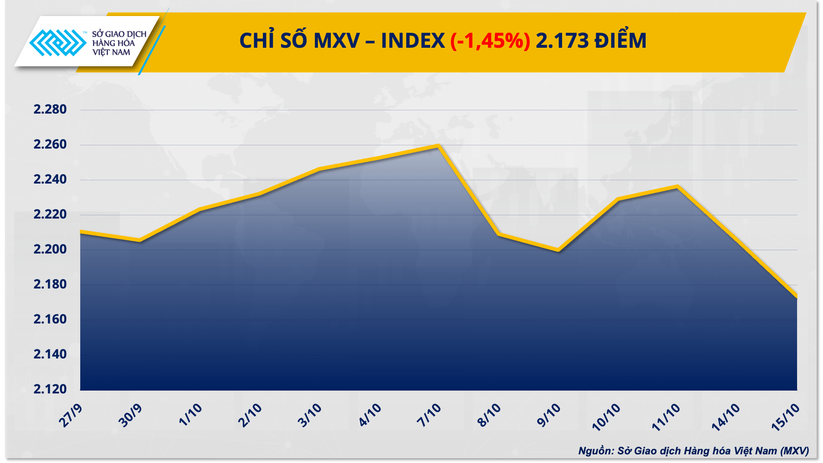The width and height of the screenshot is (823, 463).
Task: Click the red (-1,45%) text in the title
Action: coord(490,41)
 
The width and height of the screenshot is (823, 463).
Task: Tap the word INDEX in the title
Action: coord(413,41)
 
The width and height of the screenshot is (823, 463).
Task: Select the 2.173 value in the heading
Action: coord(562,41)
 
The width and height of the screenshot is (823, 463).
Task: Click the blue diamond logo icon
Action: coord(58,42)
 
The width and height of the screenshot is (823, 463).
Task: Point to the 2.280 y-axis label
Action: coord(50,109)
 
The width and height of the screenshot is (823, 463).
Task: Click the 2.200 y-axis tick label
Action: coord(50,249)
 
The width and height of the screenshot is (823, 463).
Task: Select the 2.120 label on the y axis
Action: coord(50,389)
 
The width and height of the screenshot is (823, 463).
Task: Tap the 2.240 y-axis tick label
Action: coord(50,179)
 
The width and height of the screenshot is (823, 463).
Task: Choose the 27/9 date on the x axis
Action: coord(71,415)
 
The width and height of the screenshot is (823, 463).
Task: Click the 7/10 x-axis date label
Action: coord(429,415)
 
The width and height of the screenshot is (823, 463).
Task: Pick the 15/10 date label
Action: coord(786,417)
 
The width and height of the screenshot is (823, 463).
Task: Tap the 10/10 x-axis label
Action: coord(606,417)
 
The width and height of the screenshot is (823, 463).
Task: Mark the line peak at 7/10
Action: coord(439,146)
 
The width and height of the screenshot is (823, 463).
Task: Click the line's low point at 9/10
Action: coord(558,250)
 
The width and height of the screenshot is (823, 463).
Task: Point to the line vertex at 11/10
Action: coord(677,186)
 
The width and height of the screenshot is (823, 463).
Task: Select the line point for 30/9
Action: coord(140,240)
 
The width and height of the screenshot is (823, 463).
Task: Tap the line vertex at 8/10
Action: coord(498,234)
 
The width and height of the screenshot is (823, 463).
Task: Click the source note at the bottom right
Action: coord(693,451)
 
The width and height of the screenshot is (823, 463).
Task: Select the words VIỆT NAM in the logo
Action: coord(111,53)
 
